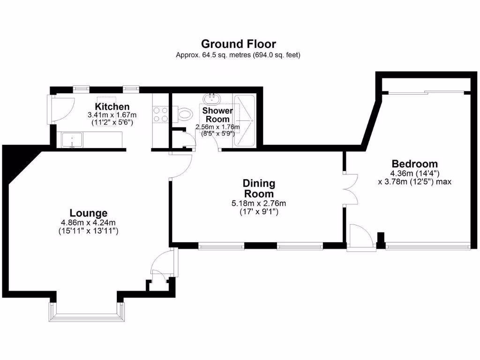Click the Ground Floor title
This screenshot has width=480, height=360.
[238, 44]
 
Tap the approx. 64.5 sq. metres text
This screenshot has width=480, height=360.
[238, 55]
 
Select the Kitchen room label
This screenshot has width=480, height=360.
[112, 107]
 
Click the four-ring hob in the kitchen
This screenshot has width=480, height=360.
[161, 114]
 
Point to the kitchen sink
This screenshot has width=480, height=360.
[72, 140]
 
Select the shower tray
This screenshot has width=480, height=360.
[244, 120]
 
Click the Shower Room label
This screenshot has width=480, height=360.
[217, 115]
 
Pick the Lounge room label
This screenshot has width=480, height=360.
[89, 213]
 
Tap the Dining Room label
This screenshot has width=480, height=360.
[259, 188]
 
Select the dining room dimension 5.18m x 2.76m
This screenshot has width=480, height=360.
[259, 203]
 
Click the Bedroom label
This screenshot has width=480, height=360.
[415, 164]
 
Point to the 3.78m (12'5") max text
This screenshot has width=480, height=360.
[414, 181]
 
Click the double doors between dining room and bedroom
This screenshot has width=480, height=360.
[349, 189]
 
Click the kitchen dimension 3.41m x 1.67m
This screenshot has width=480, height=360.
[112, 115]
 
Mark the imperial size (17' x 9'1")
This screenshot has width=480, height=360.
[259, 211]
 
